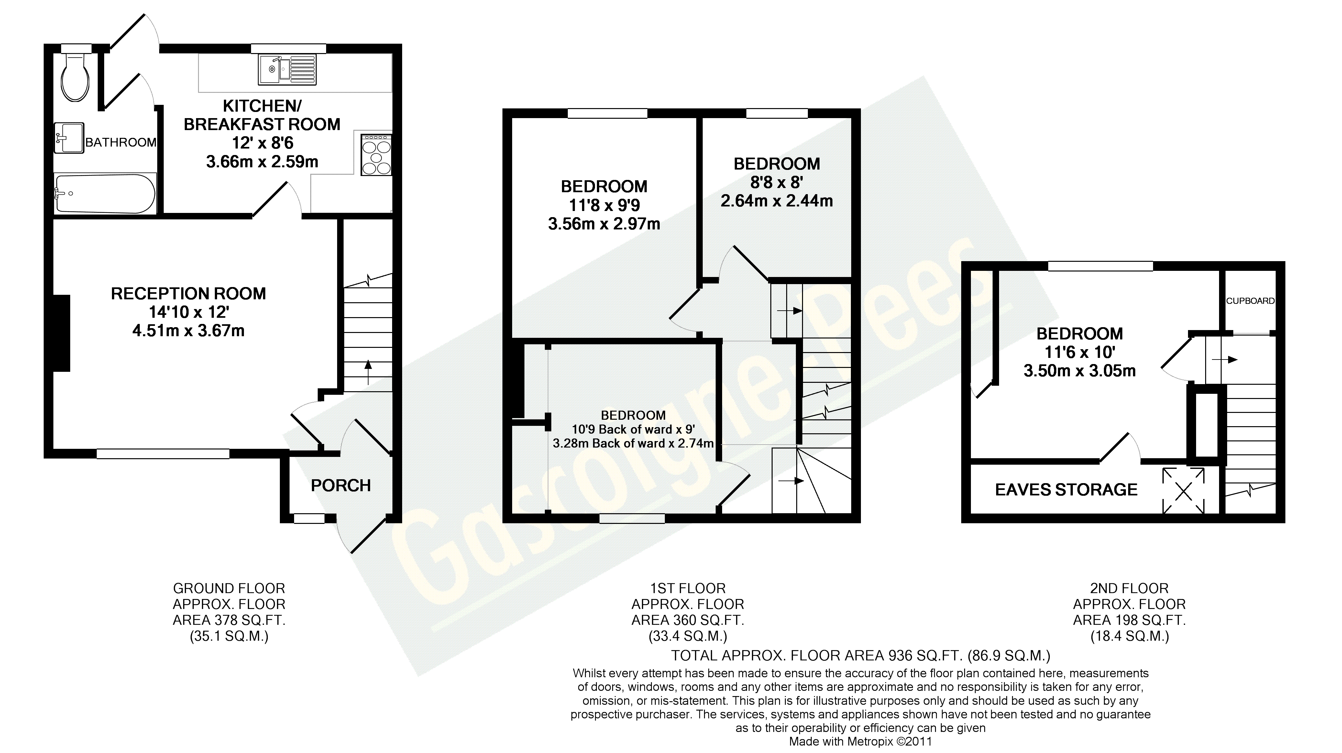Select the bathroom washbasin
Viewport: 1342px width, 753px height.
point(69,138)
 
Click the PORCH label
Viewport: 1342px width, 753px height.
point(341,486)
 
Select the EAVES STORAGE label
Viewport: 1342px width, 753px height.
point(1066,490)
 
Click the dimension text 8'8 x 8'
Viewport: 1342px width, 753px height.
point(776,183)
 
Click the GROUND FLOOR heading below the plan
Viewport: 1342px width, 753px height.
point(229,588)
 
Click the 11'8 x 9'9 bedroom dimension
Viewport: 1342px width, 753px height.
point(604,205)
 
